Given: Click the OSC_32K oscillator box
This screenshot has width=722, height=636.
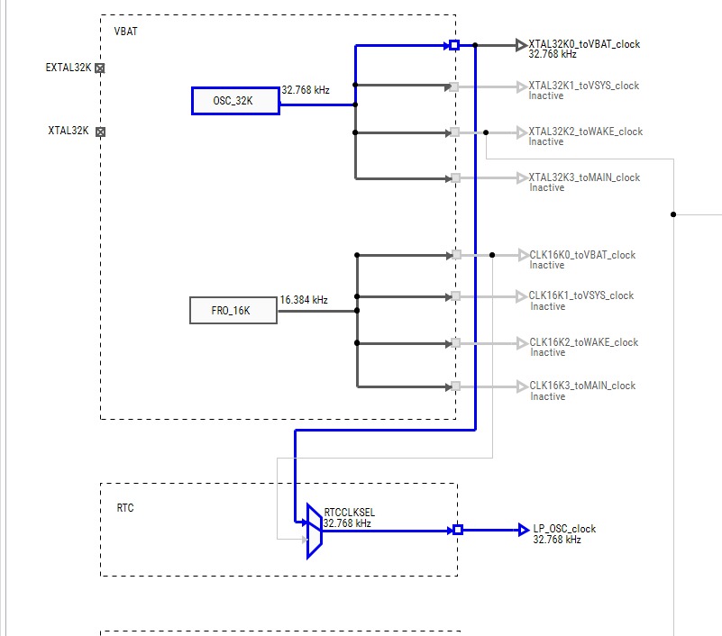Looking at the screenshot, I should [x=233, y=101].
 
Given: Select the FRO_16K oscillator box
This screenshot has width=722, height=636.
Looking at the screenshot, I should [x=233, y=310].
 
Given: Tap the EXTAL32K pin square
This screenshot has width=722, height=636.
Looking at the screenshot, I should [x=100, y=68].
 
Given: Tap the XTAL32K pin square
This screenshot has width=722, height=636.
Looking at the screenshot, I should [x=100, y=132].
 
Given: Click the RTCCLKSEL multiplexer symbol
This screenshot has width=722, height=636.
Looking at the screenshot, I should [x=314, y=531].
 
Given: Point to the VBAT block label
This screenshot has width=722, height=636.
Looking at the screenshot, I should [x=125, y=31].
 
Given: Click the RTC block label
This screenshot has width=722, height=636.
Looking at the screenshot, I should [x=125, y=508].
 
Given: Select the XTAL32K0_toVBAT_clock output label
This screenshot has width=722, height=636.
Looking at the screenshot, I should [x=584, y=43].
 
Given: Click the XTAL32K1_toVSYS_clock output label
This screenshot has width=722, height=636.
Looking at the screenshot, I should [x=583, y=86].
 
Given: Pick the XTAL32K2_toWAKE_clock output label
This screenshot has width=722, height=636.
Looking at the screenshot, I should [x=585, y=132].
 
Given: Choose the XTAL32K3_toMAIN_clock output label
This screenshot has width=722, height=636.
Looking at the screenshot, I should [x=584, y=177].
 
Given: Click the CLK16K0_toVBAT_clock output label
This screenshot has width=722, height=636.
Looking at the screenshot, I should [x=581, y=255].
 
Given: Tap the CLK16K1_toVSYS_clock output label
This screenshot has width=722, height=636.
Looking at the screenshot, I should [x=580, y=295].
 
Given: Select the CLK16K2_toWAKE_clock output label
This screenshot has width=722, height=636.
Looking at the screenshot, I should [x=583, y=342].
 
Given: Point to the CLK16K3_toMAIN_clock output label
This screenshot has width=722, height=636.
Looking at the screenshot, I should [x=581, y=386].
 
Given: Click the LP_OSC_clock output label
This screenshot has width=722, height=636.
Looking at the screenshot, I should [x=564, y=529].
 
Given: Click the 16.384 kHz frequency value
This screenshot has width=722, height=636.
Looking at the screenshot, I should [x=304, y=299].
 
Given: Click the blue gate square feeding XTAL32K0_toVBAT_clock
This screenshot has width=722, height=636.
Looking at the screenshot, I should [x=454, y=44].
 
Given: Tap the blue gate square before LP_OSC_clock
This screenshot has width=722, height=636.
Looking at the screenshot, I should [x=457, y=530].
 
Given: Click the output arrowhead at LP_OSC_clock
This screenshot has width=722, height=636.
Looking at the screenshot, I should [x=525, y=530].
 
